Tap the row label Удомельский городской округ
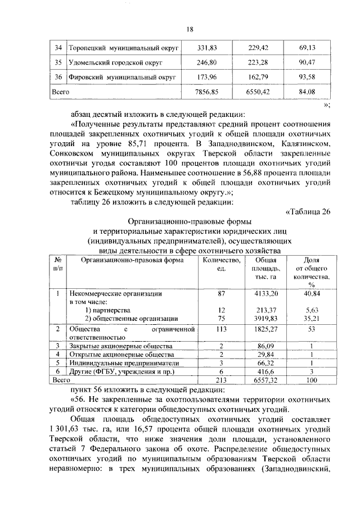(x=116, y=62)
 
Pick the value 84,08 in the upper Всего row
(x=306, y=90)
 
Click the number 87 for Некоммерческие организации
(x=222, y=293)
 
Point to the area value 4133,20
(x=262, y=293)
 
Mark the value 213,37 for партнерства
(x=262, y=310)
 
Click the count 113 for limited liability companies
(x=222, y=329)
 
